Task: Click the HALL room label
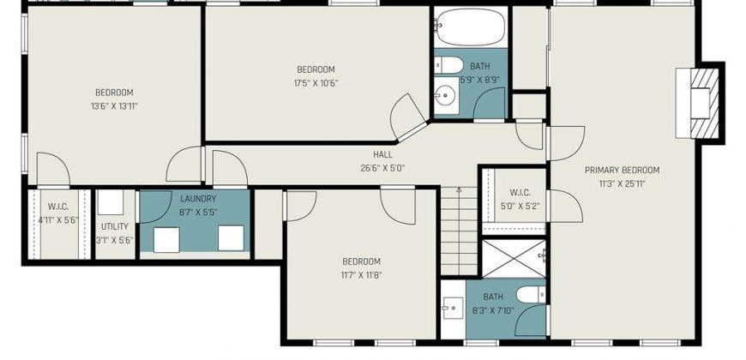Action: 382,154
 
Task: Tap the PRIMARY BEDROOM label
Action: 622,171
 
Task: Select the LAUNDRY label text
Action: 198,199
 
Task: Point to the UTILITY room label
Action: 115,226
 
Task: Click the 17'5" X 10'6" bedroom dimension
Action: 316,83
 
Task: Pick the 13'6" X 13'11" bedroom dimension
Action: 114,106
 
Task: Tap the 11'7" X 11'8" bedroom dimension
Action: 362,275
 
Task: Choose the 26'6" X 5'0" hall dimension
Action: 382,168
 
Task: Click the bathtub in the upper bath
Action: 470,27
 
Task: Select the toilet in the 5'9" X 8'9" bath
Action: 448,65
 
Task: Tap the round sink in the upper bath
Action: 446,97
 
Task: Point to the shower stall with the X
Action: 514,259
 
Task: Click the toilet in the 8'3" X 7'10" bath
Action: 531,294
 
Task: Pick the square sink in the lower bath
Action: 453,309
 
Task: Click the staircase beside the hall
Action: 459,231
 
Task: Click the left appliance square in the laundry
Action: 166,240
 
